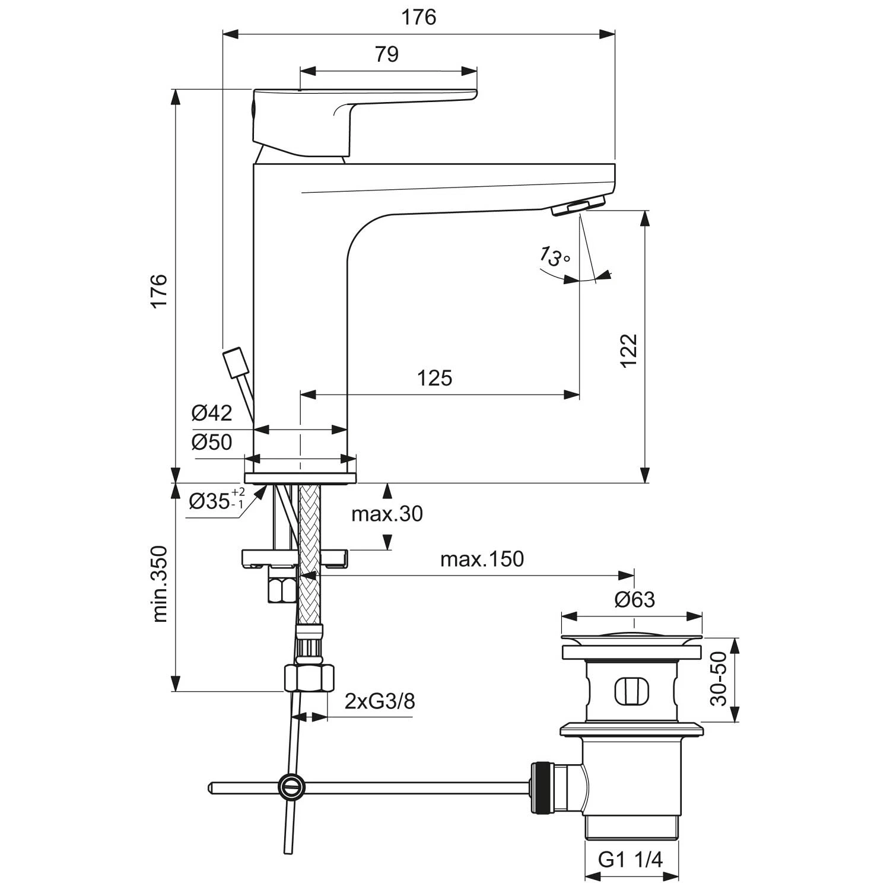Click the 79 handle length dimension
click(x=387, y=54)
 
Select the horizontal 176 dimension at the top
click(x=419, y=17)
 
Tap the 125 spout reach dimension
click(x=434, y=377)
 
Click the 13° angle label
click(x=554, y=257)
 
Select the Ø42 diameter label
click(x=212, y=413)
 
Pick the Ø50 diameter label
click(x=212, y=442)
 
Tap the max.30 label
click(x=387, y=513)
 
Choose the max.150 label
click(x=482, y=559)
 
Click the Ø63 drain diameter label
click(x=634, y=600)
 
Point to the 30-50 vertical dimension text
click(x=718, y=679)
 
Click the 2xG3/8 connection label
click(x=380, y=701)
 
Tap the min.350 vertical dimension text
click(x=160, y=584)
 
